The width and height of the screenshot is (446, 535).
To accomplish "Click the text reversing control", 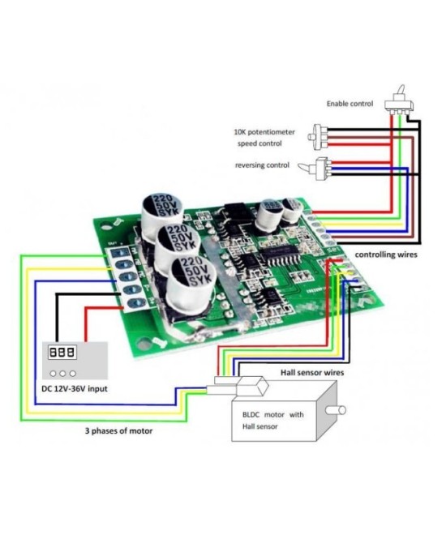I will click(263, 165).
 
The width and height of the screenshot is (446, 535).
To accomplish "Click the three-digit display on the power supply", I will click(62, 353).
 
